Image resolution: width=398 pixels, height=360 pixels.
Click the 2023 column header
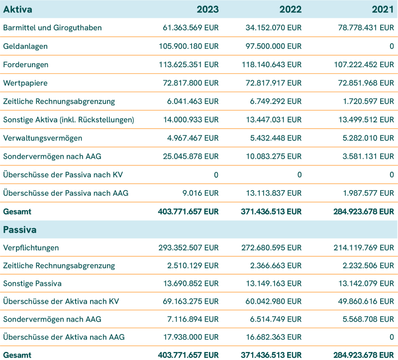pos(207,9)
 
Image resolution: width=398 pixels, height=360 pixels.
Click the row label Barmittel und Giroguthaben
pos(52,27)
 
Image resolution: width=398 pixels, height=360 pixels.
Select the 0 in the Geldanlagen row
pos(392,46)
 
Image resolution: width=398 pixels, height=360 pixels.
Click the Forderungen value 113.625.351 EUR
pos(188,64)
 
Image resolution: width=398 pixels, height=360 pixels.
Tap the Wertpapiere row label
pos(25,83)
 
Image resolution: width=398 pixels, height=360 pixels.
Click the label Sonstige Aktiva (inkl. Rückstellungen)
pos(69,120)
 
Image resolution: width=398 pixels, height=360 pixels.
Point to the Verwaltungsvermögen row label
pos(43,138)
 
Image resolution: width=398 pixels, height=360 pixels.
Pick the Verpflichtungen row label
pos(31,247)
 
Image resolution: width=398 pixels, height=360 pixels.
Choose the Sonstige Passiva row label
pos(32,284)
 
